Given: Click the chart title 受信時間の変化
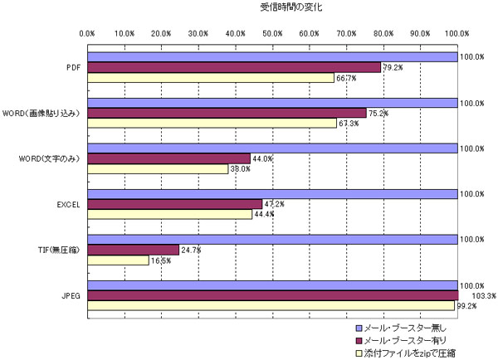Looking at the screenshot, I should click(x=291, y=7).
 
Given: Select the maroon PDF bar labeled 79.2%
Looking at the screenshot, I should click(x=232, y=67).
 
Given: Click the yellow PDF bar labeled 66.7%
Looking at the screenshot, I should click(x=207, y=78).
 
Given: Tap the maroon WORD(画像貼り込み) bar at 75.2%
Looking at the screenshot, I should click(x=224, y=113).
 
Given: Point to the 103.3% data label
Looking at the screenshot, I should click(x=472, y=294).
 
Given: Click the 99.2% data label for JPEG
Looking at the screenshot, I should click(x=466, y=305).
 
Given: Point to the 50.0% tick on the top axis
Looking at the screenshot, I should click(x=272, y=33).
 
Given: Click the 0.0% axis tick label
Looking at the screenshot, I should click(x=87, y=33).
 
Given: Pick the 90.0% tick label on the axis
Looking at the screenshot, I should click(x=421, y=33).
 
